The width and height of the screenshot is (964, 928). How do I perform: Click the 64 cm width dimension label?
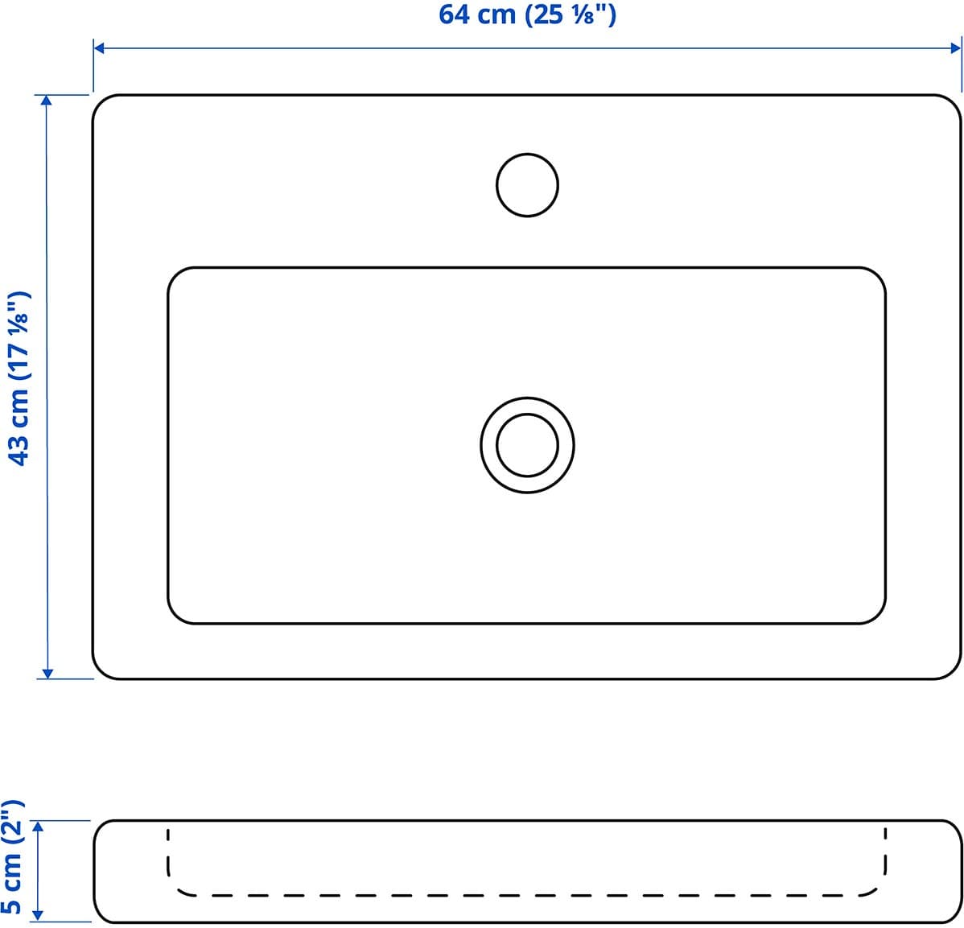click(x=527, y=14)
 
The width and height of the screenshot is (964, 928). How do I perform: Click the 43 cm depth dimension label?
click(x=19, y=378)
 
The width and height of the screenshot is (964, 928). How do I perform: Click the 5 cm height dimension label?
click(x=12, y=856)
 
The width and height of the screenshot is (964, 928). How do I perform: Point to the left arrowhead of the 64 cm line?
click(x=99, y=48)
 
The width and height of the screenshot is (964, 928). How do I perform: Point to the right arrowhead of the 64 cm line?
click(x=956, y=48)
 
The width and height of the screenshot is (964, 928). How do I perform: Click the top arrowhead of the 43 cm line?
click(x=47, y=101)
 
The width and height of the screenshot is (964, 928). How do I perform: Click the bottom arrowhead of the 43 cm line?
click(x=47, y=673)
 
